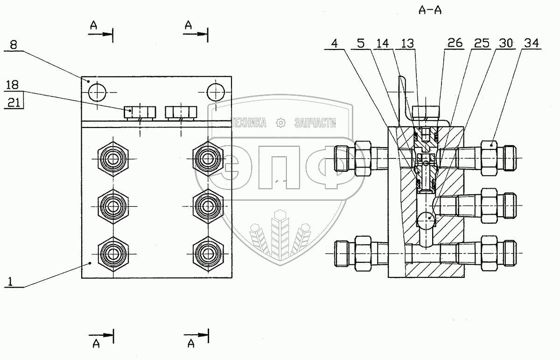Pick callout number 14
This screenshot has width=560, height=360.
pos(381,43)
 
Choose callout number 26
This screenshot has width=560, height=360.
pos(455,43)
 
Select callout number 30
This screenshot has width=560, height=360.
pos(505,43)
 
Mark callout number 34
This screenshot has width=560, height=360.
pos(531,43)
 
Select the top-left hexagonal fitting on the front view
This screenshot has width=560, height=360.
pos(113,159)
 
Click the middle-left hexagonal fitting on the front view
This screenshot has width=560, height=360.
pos(113,205)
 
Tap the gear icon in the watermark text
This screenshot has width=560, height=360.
pos(280,123)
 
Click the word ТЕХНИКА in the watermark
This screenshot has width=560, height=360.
pos(249,123)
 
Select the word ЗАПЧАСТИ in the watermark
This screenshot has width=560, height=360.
pos(315,123)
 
